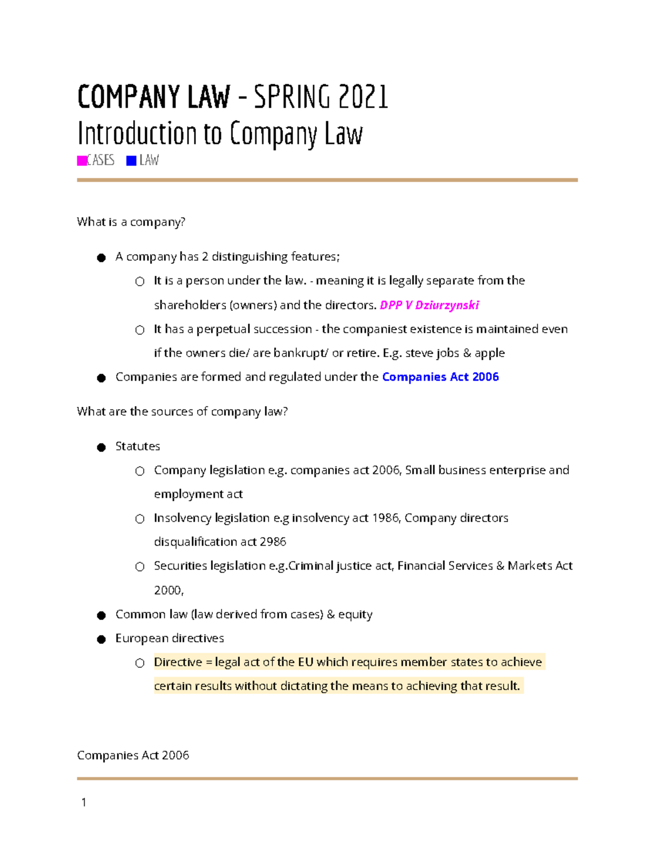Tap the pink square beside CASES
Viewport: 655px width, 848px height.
click(x=82, y=161)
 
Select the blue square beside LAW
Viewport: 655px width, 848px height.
click(x=131, y=161)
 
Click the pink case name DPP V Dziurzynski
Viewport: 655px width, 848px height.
click(x=429, y=305)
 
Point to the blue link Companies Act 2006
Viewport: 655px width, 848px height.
click(x=440, y=377)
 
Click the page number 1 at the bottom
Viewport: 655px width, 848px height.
click(x=84, y=802)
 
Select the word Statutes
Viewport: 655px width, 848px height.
click(x=138, y=446)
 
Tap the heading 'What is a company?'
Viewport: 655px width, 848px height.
click(x=131, y=222)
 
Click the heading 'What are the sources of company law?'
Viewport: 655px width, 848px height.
click(x=182, y=411)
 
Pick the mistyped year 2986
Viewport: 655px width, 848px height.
click(x=273, y=542)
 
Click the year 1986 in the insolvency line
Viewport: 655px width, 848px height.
click(x=385, y=518)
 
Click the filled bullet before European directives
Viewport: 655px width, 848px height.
click(x=101, y=639)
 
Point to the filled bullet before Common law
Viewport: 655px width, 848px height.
click(x=101, y=615)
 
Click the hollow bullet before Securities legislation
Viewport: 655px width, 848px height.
click(x=140, y=567)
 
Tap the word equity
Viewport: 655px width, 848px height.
click(x=355, y=614)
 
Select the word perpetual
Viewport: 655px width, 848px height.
click(x=227, y=329)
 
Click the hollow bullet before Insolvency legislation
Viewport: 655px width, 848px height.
click(x=140, y=519)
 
